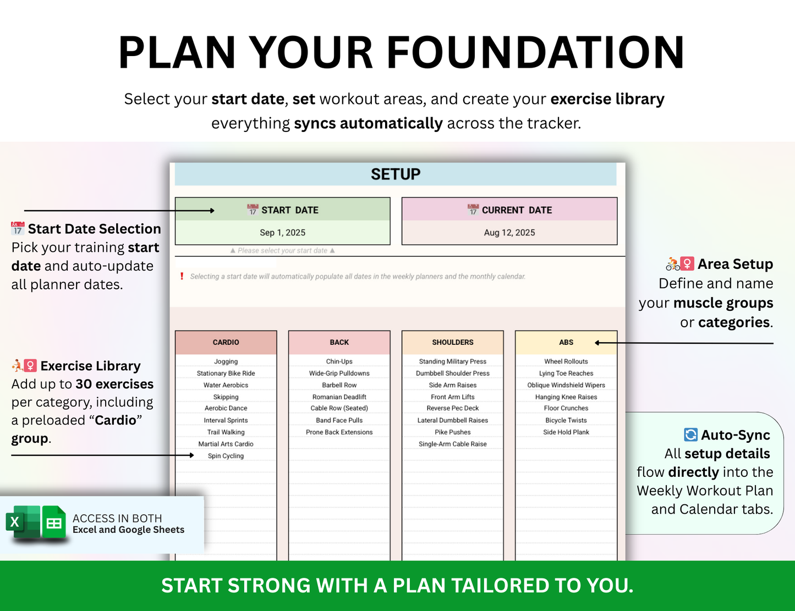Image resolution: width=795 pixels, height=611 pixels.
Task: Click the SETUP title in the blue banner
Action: click(396, 174)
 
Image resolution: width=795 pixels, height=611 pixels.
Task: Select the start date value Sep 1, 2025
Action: click(283, 233)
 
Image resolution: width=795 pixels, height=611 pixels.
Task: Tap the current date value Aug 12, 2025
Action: click(509, 233)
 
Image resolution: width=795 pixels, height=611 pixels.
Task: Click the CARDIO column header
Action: click(226, 342)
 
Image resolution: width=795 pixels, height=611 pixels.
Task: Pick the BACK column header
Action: click(339, 342)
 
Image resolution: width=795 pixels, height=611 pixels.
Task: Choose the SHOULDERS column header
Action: click(452, 342)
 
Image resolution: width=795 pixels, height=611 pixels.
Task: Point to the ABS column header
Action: click(566, 342)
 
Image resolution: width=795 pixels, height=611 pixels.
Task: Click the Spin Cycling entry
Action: click(226, 456)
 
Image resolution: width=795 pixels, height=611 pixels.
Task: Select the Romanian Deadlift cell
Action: click(339, 397)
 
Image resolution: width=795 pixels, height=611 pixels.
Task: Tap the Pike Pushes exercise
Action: click(452, 432)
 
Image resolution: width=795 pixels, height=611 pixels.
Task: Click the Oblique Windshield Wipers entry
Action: click(566, 385)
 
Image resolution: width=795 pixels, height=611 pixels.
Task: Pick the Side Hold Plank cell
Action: click(566, 432)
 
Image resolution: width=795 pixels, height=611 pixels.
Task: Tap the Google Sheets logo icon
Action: click(54, 522)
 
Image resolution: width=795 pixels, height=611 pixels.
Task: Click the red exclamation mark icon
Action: click(182, 276)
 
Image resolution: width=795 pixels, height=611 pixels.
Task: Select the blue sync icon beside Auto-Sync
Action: click(690, 435)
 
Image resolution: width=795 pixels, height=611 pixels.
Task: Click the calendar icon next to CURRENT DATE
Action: click(473, 210)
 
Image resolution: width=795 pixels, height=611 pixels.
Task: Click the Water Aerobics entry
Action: click(226, 385)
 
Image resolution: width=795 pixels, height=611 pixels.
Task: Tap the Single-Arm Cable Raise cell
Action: click(452, 444)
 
